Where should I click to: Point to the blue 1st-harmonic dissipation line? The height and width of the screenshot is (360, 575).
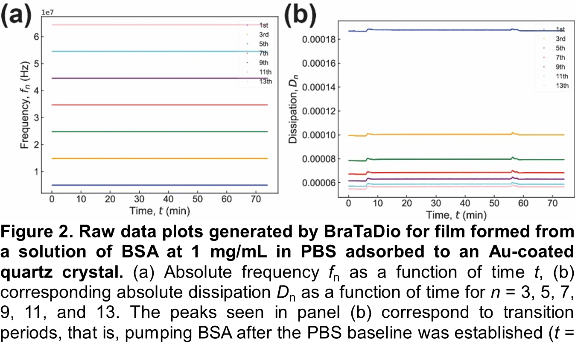[x=427, y=30]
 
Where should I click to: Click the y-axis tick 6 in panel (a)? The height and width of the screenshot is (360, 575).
[x=37, y=37]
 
